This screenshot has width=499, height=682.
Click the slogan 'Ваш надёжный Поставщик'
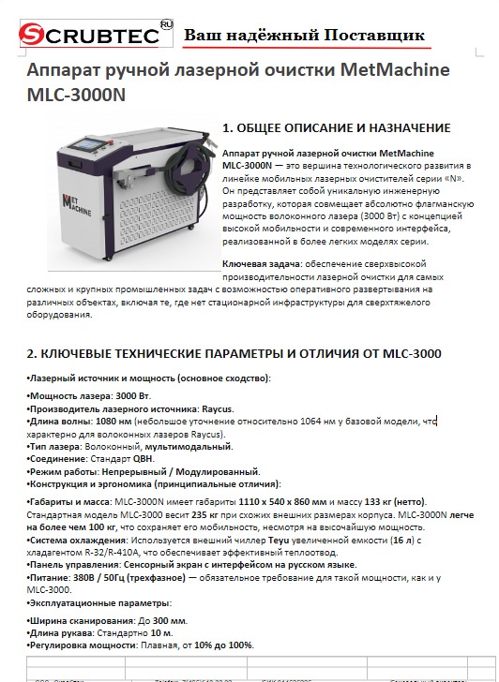[x=304, y=36]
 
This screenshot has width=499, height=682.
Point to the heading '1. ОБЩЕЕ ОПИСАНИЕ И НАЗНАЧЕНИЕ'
[x=336, y=127]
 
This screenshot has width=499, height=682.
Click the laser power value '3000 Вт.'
[x=132, y=396]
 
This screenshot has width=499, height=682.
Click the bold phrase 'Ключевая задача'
[x=258, y=264]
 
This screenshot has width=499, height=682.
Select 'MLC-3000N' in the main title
[x=77, y=96]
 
